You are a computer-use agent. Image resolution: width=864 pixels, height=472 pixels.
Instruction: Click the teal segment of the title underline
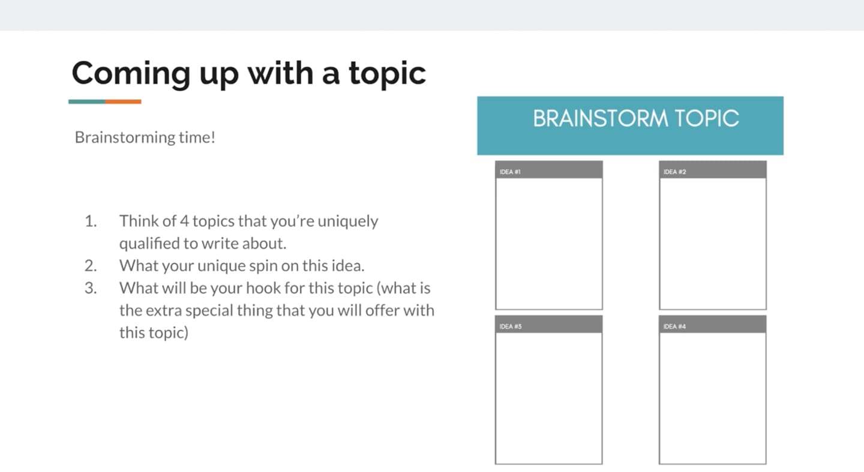pyautogui.click(x=87, y=101)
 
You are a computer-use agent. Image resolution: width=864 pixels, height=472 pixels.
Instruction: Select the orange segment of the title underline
pyautogui.click(x=124, y=101)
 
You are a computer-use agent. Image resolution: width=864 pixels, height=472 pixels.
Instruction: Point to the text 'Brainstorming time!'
pyautogui.click(x=145, y=138)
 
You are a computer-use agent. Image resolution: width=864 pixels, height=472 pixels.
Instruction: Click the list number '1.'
pyautogui.click(x=91, y=221)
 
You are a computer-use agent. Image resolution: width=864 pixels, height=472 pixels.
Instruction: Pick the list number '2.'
pyautogui.click(x=91, y=265)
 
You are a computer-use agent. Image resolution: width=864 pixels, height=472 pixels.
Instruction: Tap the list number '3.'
pyautogui.click(x=91, y=288)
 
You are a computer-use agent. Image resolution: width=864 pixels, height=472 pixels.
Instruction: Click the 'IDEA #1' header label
pyautogui.click(x=510, y=172)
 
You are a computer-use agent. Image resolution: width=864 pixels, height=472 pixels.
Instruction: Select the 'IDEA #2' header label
pyautogui.click(x=674, y=172)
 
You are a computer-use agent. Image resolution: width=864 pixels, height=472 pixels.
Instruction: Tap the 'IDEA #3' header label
pyautogui.click(x=510, y=327)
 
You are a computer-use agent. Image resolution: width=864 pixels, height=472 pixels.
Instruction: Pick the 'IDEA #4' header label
pyautogui.click(x=674, y=327)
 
